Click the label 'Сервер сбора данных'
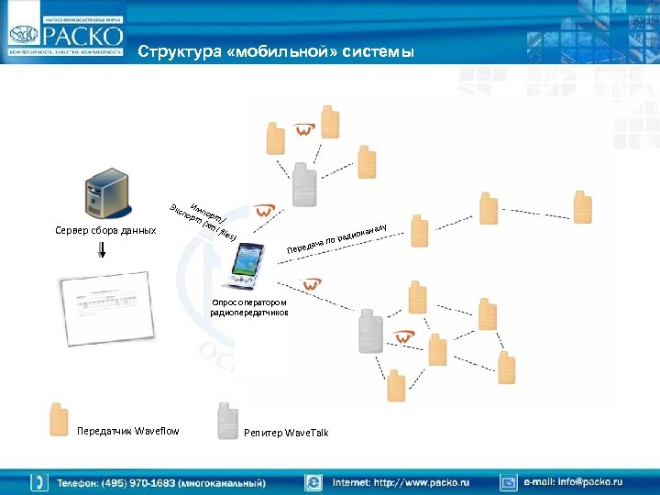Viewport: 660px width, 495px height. click(105, 230)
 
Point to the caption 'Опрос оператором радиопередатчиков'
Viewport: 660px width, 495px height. click(248, 307)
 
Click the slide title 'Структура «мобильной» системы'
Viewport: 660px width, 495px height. click(276, 52)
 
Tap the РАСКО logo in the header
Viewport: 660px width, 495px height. click(65, 37)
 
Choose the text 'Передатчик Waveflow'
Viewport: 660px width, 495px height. click(128, 431)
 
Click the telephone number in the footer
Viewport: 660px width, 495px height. click(161, 481)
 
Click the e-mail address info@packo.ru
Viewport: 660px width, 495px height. click(573, 481)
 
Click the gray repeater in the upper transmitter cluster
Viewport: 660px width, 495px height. click(303, 186)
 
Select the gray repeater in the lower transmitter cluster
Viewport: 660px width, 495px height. click(370, 331)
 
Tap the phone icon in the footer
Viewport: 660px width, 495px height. click(39, 481)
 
